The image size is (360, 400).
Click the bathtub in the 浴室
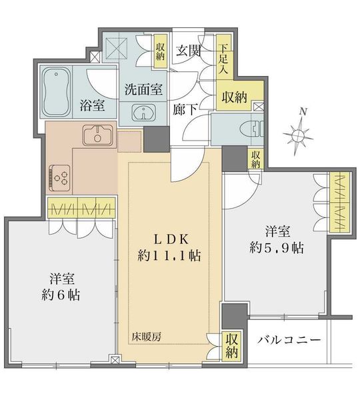(x=56, y=91)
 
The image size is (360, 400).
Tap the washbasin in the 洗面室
(x=143, y=113)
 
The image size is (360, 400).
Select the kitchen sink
(x=97, y=135)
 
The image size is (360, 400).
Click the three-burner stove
(x=60, y=178)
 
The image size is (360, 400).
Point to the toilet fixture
(x=257, y=129)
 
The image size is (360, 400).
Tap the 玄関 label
(x=189, y=51)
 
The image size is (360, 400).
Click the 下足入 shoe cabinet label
(x=223, y=59)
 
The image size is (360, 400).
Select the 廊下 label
(x=185, y=110)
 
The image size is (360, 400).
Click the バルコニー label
(x=289, y=340)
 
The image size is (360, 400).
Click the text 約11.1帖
(x=169, y=255)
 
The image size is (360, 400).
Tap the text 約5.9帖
(x=277, y=247)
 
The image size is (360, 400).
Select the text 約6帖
(x=61, y=295)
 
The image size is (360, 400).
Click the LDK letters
(x=171, y=239)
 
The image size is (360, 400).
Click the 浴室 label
(x=92, y=105)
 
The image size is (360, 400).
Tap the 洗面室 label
(x=143, y=89)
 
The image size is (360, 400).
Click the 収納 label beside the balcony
(x=231, y=345)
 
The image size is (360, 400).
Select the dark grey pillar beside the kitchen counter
(x=157, y=139)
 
